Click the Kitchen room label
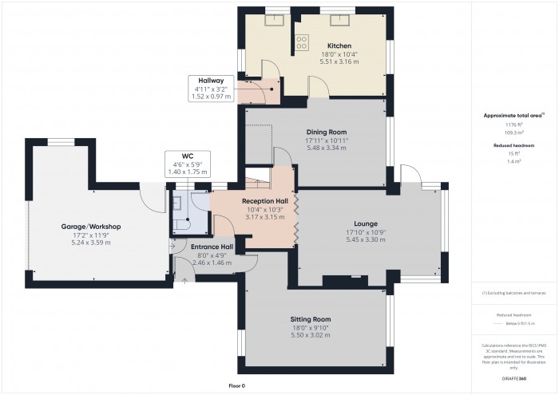[x=339, y=46]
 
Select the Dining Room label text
[x=326, y=132]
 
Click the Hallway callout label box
[x=211, y=89]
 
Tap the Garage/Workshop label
[x=90, y=227]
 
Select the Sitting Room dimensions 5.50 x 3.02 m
[x=310, y=334]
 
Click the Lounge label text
[x=366, y=223]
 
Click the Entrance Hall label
[x=211, y=247]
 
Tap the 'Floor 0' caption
[x=237, y=385]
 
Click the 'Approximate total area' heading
[x=513, y=116]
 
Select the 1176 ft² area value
[x=513, y=125]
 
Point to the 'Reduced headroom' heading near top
[x=513, y=145]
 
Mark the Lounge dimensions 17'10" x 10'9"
[x=366, y=232]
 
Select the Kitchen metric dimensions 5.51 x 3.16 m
[x=339, y=61]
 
